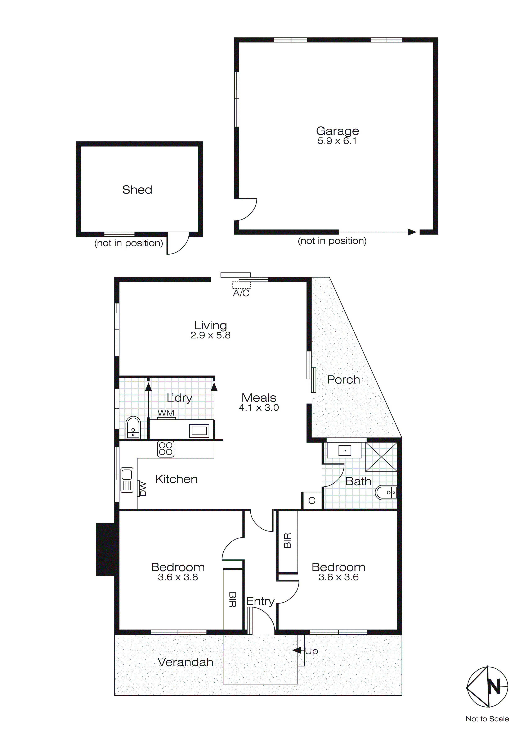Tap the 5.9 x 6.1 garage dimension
[x=337, y=141]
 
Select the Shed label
[x=137, y=190]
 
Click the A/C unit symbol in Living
[x=241, y=285]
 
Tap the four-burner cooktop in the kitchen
[x=166, y=449]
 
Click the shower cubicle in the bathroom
[x=381, y=457]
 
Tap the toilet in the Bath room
[x=386, y=493]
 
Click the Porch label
[x=344, y=380]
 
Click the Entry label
[x=260, y=601]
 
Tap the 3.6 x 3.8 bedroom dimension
[x=178, y=577]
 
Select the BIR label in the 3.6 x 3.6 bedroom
[x=287, y=541]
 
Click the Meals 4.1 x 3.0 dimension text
[x=259, y=408]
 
